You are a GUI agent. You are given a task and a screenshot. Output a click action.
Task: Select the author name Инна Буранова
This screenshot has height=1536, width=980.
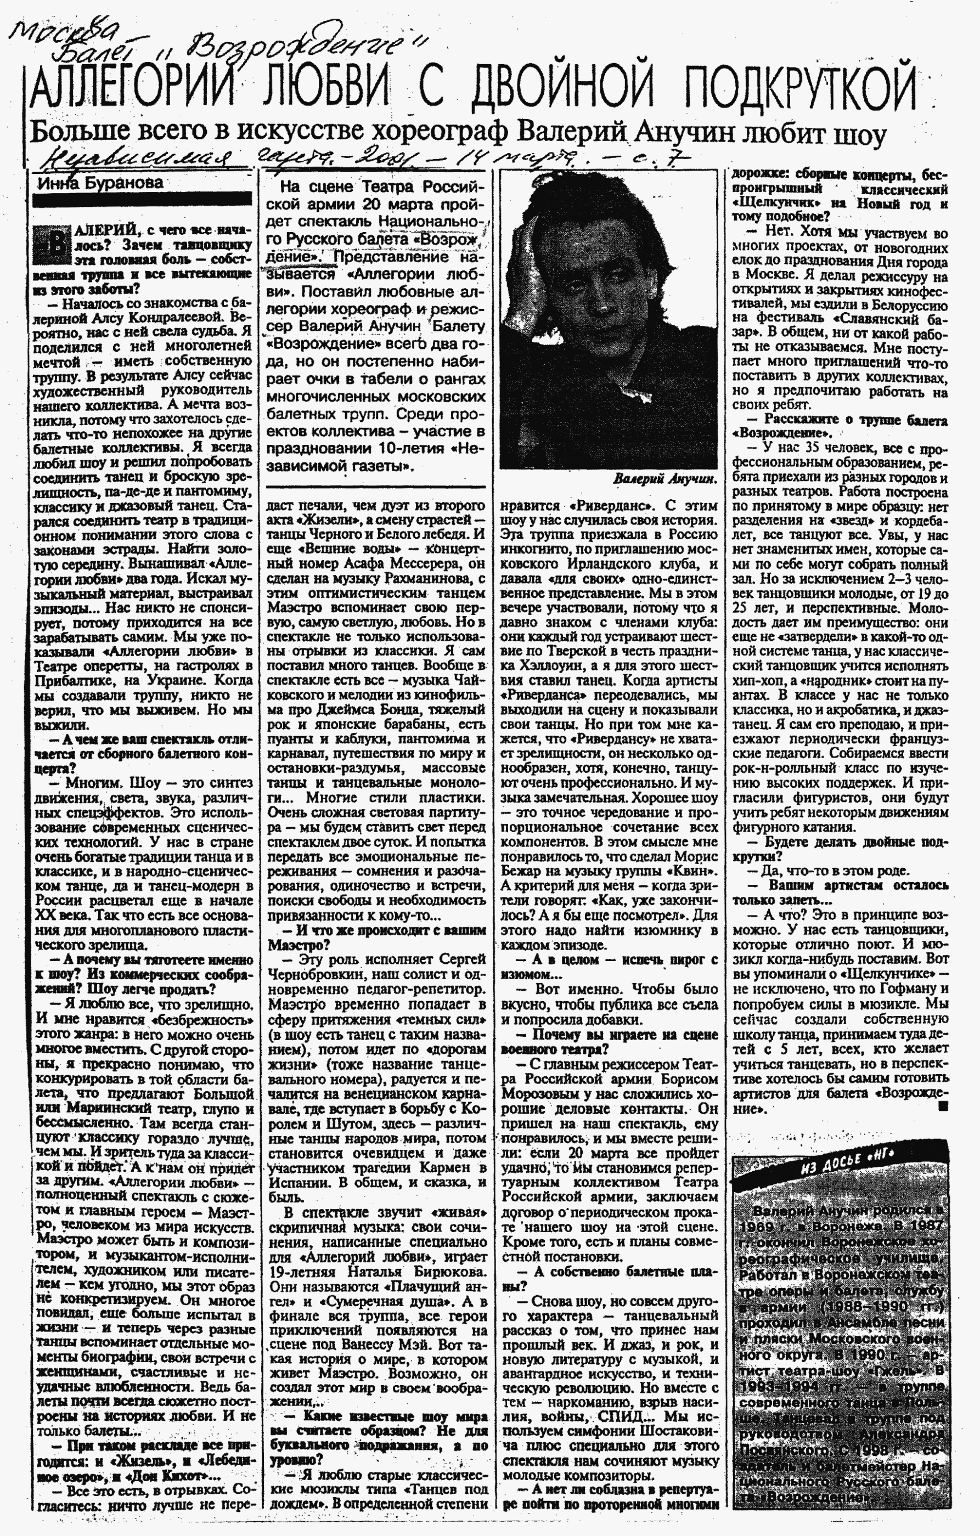click(x=100, y=183)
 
